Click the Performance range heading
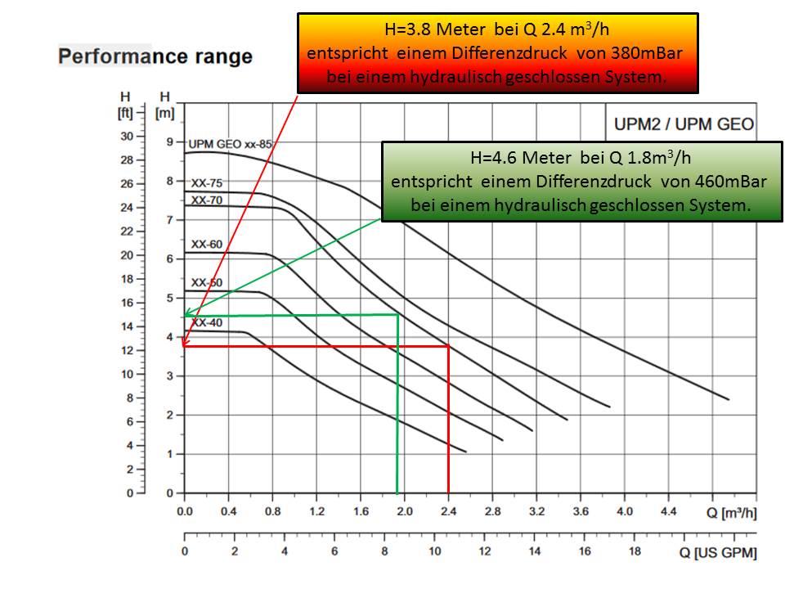click(x=155, y=57)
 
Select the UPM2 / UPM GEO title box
click(x=684, y=125)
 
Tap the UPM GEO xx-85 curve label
click(x=230, y=144)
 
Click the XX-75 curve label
click(x=207, y=183)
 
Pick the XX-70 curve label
click(x=207, y=200)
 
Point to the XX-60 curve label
click(x=207, y=244)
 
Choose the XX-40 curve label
click(x=207, y=322)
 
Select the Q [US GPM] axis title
click(x=718, y=552)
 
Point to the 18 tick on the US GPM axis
click(x=635, y=551)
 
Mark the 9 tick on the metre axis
click(x=169, y=142)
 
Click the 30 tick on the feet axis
click(x=127, y=136)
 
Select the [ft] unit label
click(x=125, y=112)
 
